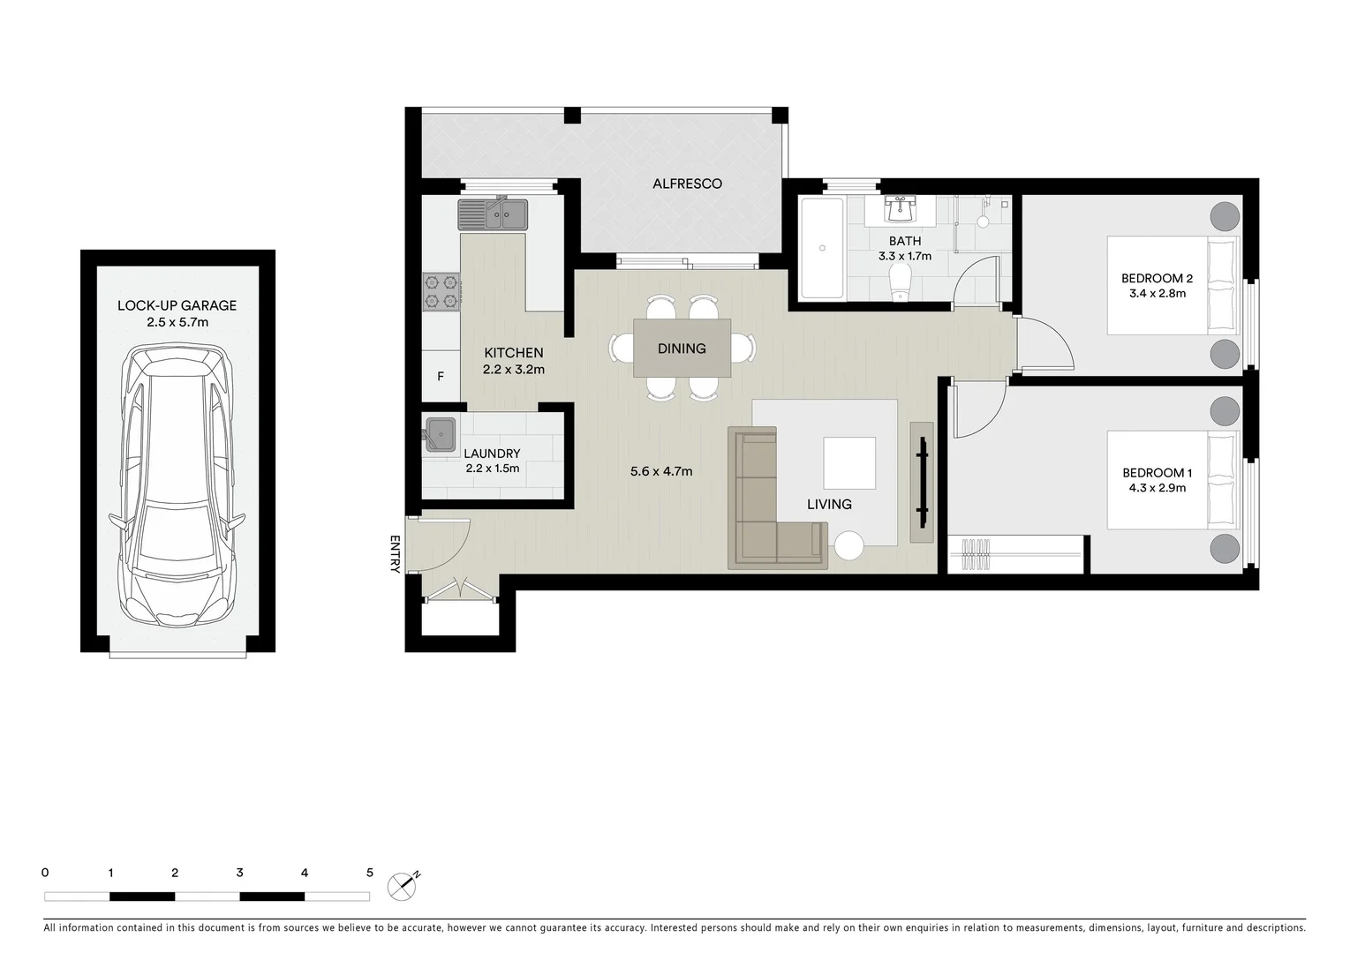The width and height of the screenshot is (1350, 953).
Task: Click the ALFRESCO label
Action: [x=687, y=184]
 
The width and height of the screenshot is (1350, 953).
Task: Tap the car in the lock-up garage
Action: [x=177, y=485]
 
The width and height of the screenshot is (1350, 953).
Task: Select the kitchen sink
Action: [x=492, y=214]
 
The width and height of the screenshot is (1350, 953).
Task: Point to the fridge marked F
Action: [x=441, y=376]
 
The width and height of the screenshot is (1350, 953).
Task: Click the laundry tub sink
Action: [x=441, y=434]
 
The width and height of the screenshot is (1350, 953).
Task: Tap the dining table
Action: [x=682, y=349]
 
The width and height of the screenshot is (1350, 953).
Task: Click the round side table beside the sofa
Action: [x=850, y=545]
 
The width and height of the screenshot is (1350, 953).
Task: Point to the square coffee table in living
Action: [x=849, y=462]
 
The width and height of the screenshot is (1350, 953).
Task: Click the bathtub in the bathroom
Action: [x=821, y=249]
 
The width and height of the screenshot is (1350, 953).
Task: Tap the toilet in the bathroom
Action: [x=900, y=283]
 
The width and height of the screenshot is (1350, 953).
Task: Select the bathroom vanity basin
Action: [x=900, y=210]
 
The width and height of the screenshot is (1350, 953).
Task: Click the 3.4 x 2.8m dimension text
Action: [x=1157, y=294]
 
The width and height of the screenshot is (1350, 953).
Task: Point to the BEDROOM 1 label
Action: [x=1157, y=472]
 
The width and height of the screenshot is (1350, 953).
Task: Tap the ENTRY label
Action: [x=395, y=554]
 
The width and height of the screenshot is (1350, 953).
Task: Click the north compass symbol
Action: [x=403, y=885]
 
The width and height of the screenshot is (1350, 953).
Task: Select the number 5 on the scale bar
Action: [x=369, y=873]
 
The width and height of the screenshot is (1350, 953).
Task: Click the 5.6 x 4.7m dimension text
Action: [x=660, y=471]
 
